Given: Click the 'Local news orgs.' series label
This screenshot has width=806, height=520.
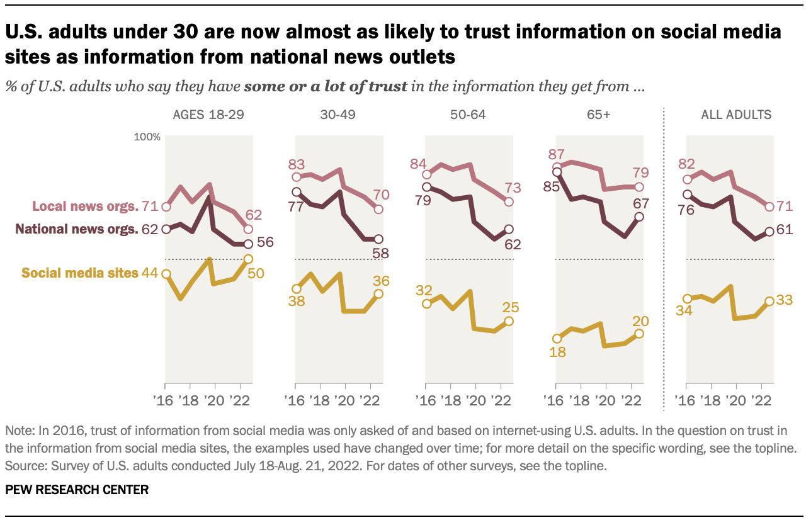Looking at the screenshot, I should pyautogui.click(x=85, y=206).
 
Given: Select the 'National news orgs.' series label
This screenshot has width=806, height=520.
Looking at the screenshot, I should pyautogui.click(x=76, y=229).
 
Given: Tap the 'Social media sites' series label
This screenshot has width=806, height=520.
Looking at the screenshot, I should pyautogui.click(x=80, y=273).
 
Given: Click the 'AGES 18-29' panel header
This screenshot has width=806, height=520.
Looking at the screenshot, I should pyautogui.click(x=208, y=115).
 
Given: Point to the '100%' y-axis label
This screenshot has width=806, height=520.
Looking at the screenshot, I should pyautogui.click(x=148, y=137).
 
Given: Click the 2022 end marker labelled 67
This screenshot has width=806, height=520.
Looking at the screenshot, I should pyautogui.click(x=639, y=217).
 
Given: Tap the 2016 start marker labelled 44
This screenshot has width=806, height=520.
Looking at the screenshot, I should pyautogui.click(x=166, y=273).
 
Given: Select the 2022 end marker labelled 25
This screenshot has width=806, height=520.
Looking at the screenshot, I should pyautogui.click(x=509, y=321).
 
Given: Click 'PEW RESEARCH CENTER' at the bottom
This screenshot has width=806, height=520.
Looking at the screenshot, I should pyautogui.click(x=77, y=490).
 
